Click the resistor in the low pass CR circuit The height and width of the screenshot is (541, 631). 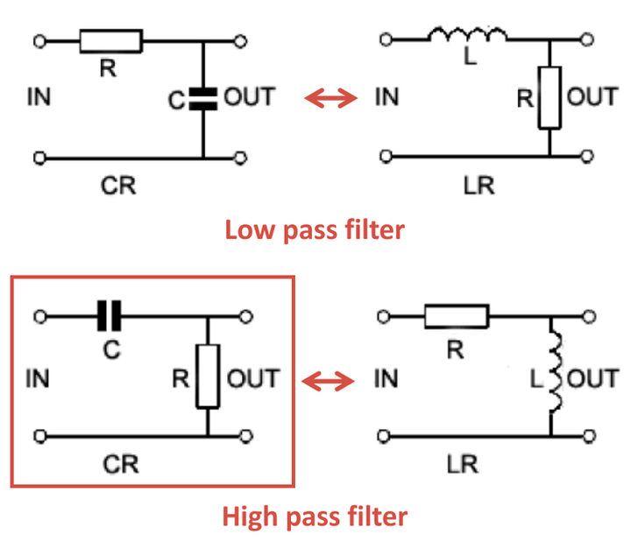coord(110,40)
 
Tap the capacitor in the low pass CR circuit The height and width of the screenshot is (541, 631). coord(203,99)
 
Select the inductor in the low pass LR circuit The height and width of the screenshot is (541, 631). coord(467,35)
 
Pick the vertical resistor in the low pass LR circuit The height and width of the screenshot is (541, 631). coord(549,97)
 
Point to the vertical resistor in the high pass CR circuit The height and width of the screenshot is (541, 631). coord(208,376)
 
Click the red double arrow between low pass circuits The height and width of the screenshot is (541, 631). coord(331,98)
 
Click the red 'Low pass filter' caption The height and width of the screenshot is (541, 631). coord(315,230)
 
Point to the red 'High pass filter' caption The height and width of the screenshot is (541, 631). coord(315,516)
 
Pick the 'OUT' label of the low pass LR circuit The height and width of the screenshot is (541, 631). coord(592,96)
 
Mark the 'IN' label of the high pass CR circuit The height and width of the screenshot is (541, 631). coord(39,379)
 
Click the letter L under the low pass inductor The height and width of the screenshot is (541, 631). coord(467,65)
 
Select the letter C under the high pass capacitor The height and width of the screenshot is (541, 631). coord(110,349)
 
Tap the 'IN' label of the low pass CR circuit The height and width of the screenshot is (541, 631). coord(39,96)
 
